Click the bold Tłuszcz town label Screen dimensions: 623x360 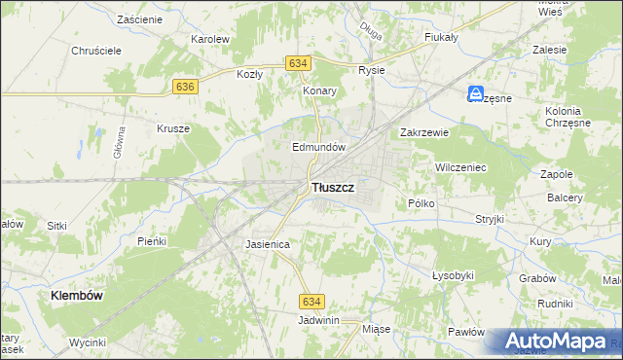pyautogui.click(x=332, y=186)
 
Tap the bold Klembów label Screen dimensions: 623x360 pyautogui.click(x=77, y=293)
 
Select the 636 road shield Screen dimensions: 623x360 pyautogui.click(x=187, y=87)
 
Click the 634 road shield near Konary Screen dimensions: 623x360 pyautogui.click(x=298, y=63)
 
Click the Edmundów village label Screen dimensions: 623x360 pyautogui.click(x=319, y=147)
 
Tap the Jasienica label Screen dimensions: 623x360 pyautogui.click(x=268, y=244)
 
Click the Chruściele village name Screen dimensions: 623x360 pyautogui.click(x=95, y=51)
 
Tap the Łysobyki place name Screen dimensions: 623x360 pyautogui.click(x=453, y=275)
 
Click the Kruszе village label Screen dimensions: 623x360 pyautogui.click(x=172, y=127)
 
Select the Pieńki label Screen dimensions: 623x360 pyautogui.click(x=153, y=240)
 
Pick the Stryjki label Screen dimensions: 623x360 pyautogui.click(x=490, y=219)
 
